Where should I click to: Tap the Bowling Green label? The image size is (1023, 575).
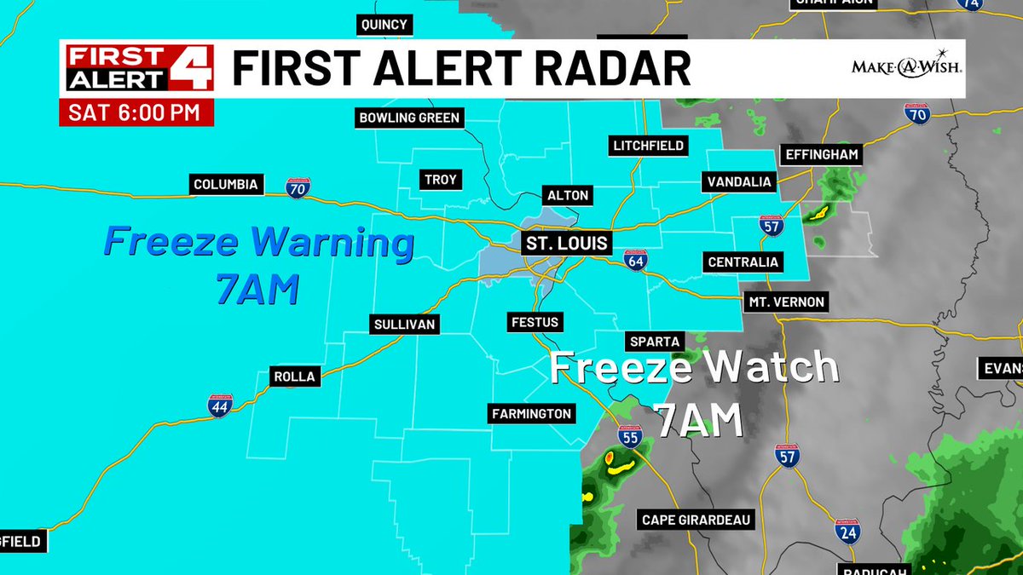409,118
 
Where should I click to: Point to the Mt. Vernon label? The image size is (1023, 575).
786,302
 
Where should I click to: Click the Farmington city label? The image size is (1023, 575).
531,414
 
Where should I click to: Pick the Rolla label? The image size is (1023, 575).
294,376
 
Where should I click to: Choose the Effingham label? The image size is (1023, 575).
821,155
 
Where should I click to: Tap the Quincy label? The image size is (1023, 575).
384,25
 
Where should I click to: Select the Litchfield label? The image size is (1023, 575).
649,146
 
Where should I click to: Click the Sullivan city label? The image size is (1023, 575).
405,324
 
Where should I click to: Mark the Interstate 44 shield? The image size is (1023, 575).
220,406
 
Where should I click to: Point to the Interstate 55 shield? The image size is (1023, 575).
630,437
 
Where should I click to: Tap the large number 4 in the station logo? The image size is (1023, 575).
189,69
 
